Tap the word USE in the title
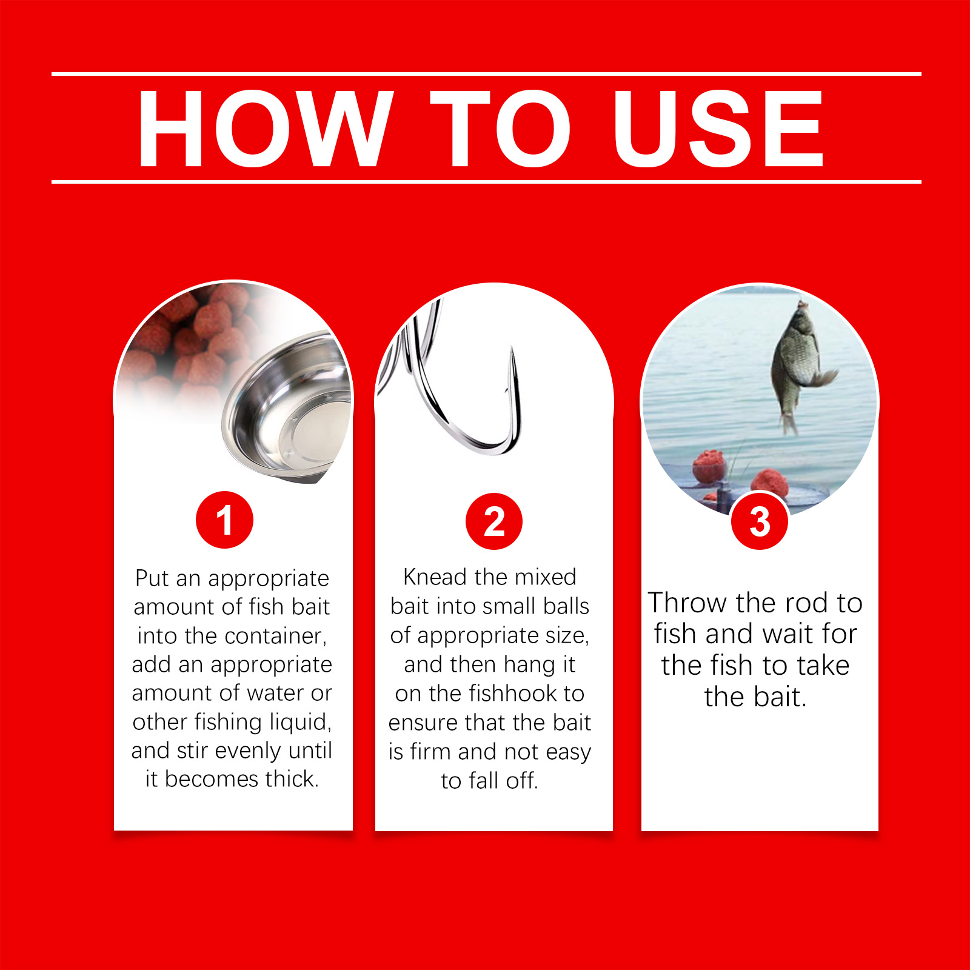tap(718, 128)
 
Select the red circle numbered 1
tap(224, 520)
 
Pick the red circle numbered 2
tap(494, 521)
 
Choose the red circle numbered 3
tap(760, 521)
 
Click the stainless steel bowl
tap(288, 406)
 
